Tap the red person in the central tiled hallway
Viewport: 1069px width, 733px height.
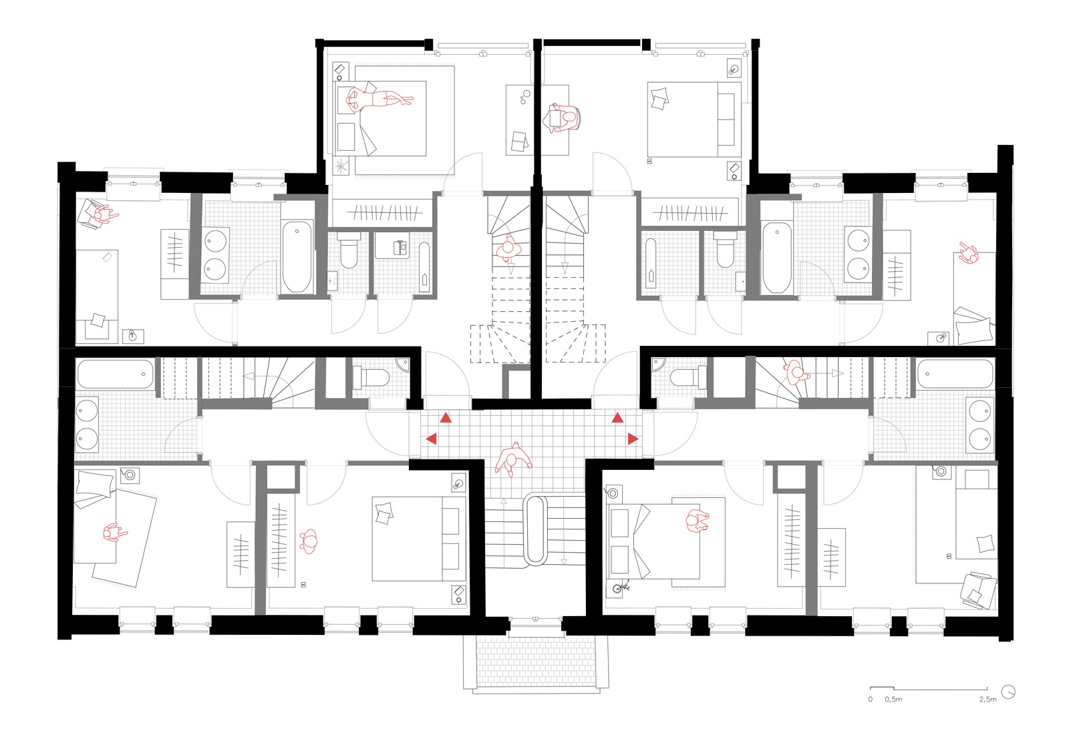(x=513, y=459)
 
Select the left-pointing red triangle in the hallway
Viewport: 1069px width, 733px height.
(x=432, y=439)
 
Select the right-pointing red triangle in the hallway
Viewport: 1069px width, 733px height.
(x=633, y=439)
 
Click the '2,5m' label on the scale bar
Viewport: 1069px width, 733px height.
(x=987, y=699)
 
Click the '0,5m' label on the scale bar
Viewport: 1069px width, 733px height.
(x=893, y=699)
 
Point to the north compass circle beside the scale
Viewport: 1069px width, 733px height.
(x=1009, y=691)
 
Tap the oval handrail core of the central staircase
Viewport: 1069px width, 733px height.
(x=536, y=529)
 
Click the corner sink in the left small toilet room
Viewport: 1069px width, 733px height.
(x=402, y=364)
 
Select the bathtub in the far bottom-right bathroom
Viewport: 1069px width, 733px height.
(x=955, y=374)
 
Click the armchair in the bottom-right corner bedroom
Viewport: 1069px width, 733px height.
(x=977, y=591)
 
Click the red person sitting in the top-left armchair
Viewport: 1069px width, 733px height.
(x=102, y=215)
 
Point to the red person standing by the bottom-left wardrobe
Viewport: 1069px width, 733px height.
(x=309, y=541)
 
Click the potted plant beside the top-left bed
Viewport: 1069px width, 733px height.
(x=343, y=166)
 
